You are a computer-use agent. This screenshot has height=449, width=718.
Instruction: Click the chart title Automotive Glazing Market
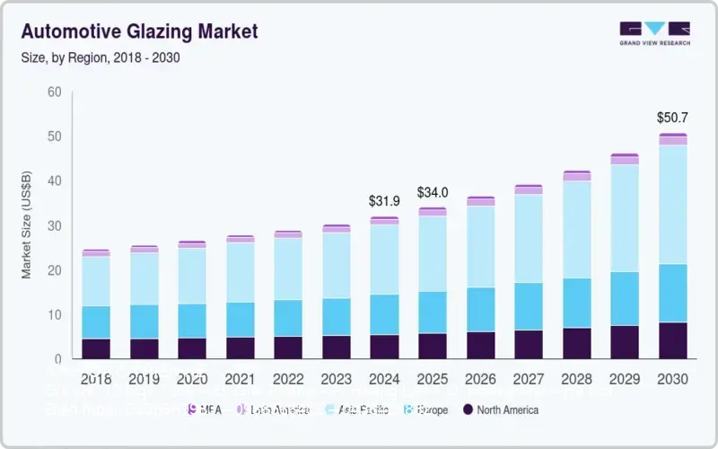[139, 31]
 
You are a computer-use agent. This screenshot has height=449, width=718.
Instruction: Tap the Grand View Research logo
[654, 33]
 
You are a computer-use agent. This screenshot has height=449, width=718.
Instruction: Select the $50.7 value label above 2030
[672, 118]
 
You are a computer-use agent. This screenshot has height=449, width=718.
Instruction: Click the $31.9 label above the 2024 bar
[385, 200]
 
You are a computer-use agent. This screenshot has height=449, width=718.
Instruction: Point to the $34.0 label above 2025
[433, 192]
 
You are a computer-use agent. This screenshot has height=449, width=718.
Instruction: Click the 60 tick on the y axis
[55, 92]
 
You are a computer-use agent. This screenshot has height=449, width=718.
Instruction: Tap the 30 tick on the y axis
[55, 225]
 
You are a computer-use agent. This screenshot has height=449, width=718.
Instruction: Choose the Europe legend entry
[428, 409]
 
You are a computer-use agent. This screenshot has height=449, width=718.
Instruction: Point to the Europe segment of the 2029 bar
[625, 298]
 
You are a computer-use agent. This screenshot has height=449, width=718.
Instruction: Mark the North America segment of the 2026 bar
[480, 345]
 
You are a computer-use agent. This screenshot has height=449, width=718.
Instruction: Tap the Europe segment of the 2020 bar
[191, 321]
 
